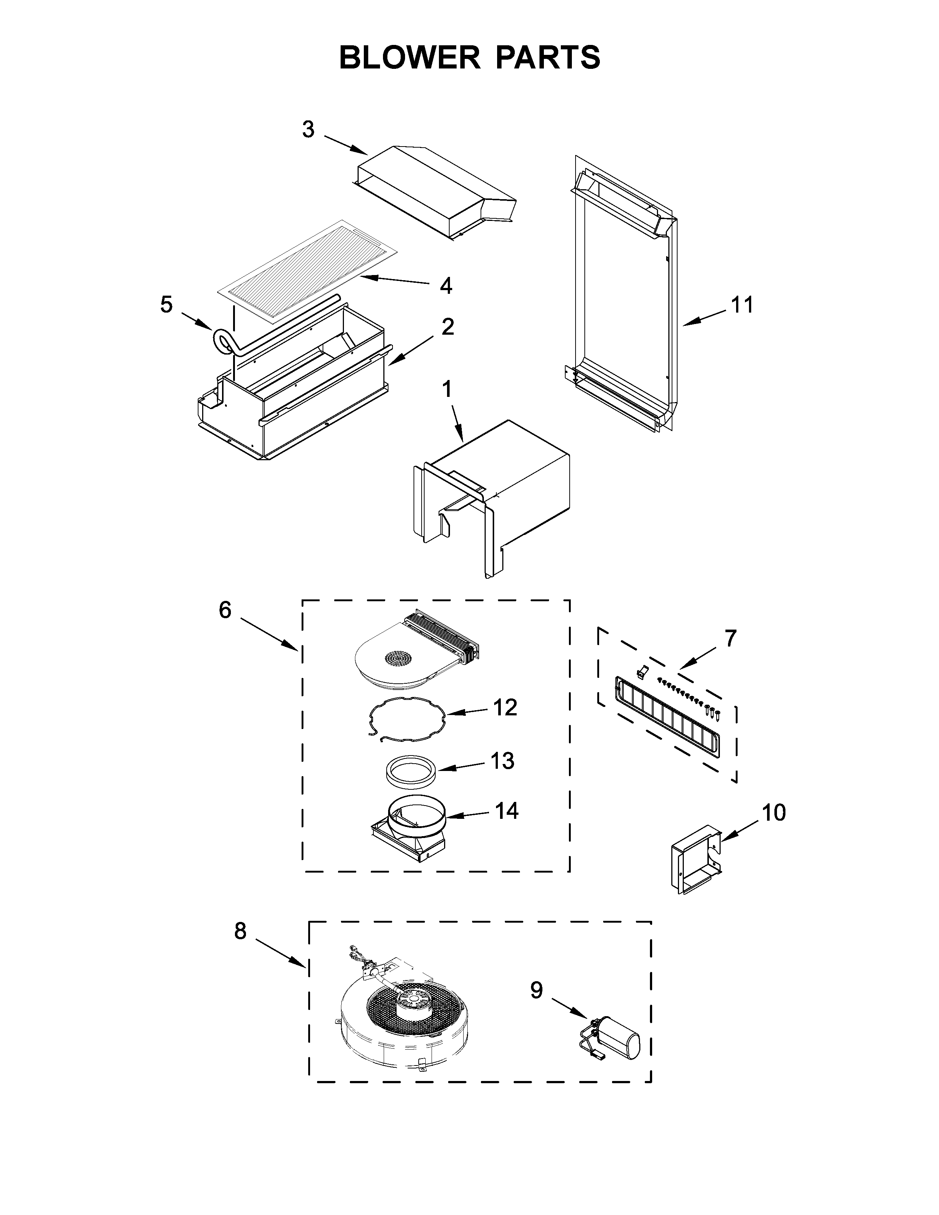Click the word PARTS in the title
coord(547,57)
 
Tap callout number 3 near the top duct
coord(308,130)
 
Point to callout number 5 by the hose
coord(166,305)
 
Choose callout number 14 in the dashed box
coord(506,811)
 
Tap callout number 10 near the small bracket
coord(773,813)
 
